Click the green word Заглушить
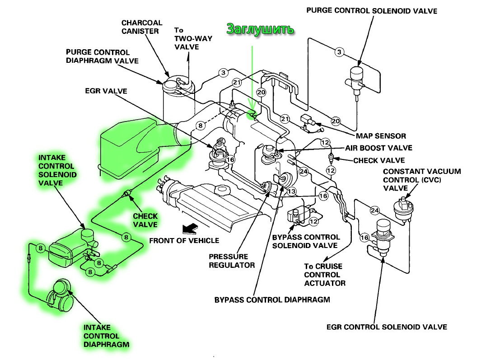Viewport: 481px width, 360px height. pos(261,29)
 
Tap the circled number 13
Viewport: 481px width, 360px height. pos(291,192)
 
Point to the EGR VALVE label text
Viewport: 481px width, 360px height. pos(106,91)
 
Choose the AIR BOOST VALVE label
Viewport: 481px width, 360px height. pos(378,148)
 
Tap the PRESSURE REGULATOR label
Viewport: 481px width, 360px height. pos(231,261)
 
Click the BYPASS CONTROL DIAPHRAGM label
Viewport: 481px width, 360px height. pos(272,299)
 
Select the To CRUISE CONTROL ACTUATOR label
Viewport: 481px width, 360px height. pos(324,275)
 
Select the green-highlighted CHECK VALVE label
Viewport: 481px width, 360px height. pos(145,220)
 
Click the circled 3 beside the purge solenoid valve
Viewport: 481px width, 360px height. pos(339,52)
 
